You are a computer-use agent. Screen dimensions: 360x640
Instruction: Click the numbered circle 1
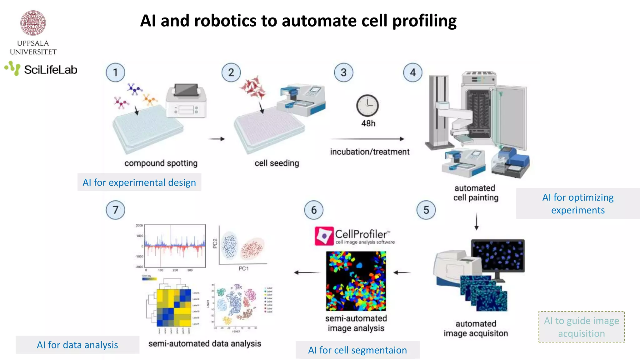point(115,72)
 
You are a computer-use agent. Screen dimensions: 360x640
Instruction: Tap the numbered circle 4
point(412,72)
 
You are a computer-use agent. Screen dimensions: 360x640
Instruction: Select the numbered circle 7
point(115,210)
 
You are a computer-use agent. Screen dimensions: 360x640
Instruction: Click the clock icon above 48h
point(367,106)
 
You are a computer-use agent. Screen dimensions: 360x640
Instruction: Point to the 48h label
point(368,123)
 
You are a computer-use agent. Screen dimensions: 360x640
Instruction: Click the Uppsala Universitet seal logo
point(33,23)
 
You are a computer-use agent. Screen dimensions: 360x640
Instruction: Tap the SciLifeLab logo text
point(51,70)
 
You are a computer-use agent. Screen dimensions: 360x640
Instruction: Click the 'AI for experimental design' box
point(139,182)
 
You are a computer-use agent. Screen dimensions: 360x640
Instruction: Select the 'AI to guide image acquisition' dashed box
point(581,327)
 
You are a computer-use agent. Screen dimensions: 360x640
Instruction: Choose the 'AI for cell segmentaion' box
point(357,350)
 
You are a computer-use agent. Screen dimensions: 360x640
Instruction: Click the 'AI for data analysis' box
point(77,345)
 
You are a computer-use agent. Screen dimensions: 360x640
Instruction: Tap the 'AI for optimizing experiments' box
point(578,203)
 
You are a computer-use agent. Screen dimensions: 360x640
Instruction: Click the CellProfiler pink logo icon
point(324,236)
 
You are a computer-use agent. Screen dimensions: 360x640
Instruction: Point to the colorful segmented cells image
point(356,281)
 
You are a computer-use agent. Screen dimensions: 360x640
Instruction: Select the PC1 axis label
point(243,268)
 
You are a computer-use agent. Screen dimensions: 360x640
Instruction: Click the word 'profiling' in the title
point(424,21)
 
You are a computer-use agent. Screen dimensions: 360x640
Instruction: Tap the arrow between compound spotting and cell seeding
point(217,139)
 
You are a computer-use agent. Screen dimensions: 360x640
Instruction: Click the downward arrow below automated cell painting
point(476,222)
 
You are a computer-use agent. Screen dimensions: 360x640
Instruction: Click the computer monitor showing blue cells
point(498,255)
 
